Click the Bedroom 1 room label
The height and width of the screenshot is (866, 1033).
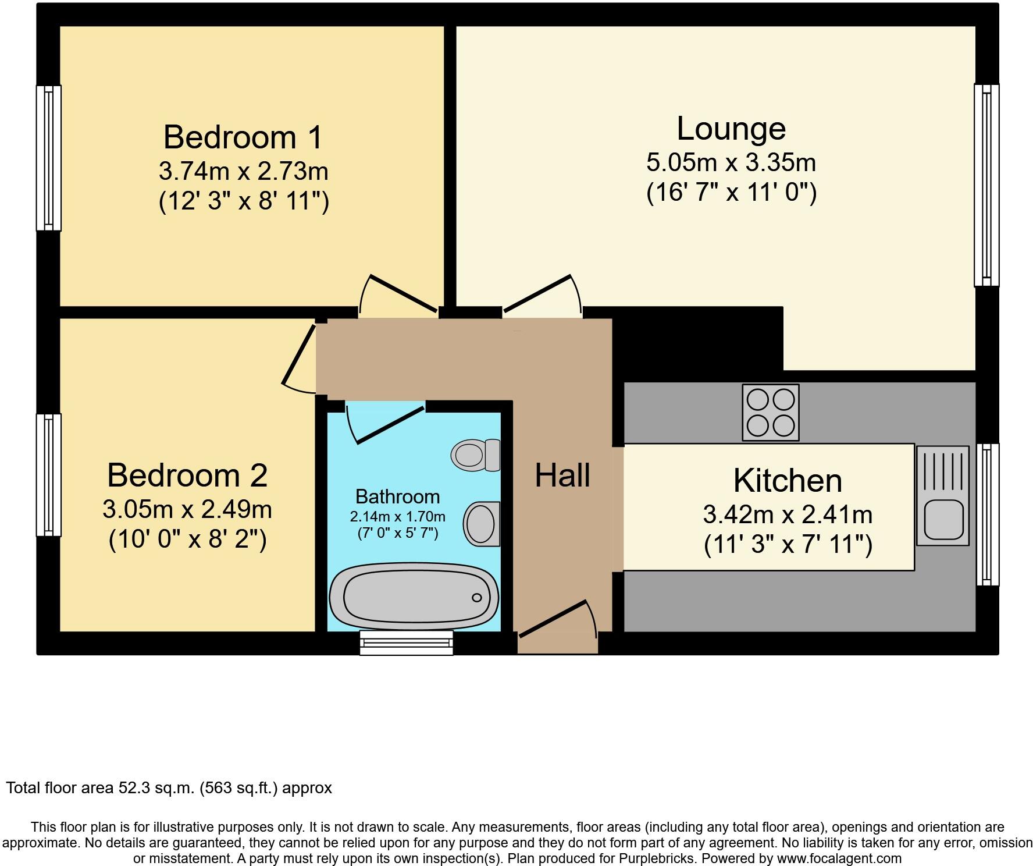click(x=243, y=137)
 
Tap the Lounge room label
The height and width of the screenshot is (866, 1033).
click(x=731, y=129)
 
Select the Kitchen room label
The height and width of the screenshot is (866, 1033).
click(x=787, y=481)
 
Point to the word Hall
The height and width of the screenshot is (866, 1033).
click(x=562, y=475)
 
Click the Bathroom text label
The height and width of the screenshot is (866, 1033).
click(x=397, y=496)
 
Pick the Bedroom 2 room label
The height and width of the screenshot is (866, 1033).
click(x=187, y=475)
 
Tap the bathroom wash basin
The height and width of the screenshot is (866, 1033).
click(x=481, y=524)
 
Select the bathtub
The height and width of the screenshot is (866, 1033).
click(x=414, y=597)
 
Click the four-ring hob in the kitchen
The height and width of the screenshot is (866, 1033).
click(x=770, y=412)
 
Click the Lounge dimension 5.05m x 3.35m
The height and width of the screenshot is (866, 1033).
click(x=731, y=162)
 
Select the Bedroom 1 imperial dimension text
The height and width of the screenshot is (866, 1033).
click(x=244, y=202)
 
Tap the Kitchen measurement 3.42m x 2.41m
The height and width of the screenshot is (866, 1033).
click(x=787, y=514)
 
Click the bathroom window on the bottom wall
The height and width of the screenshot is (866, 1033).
click(x=406, y=642)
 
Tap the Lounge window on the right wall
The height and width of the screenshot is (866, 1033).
click(x=986, y=185)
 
